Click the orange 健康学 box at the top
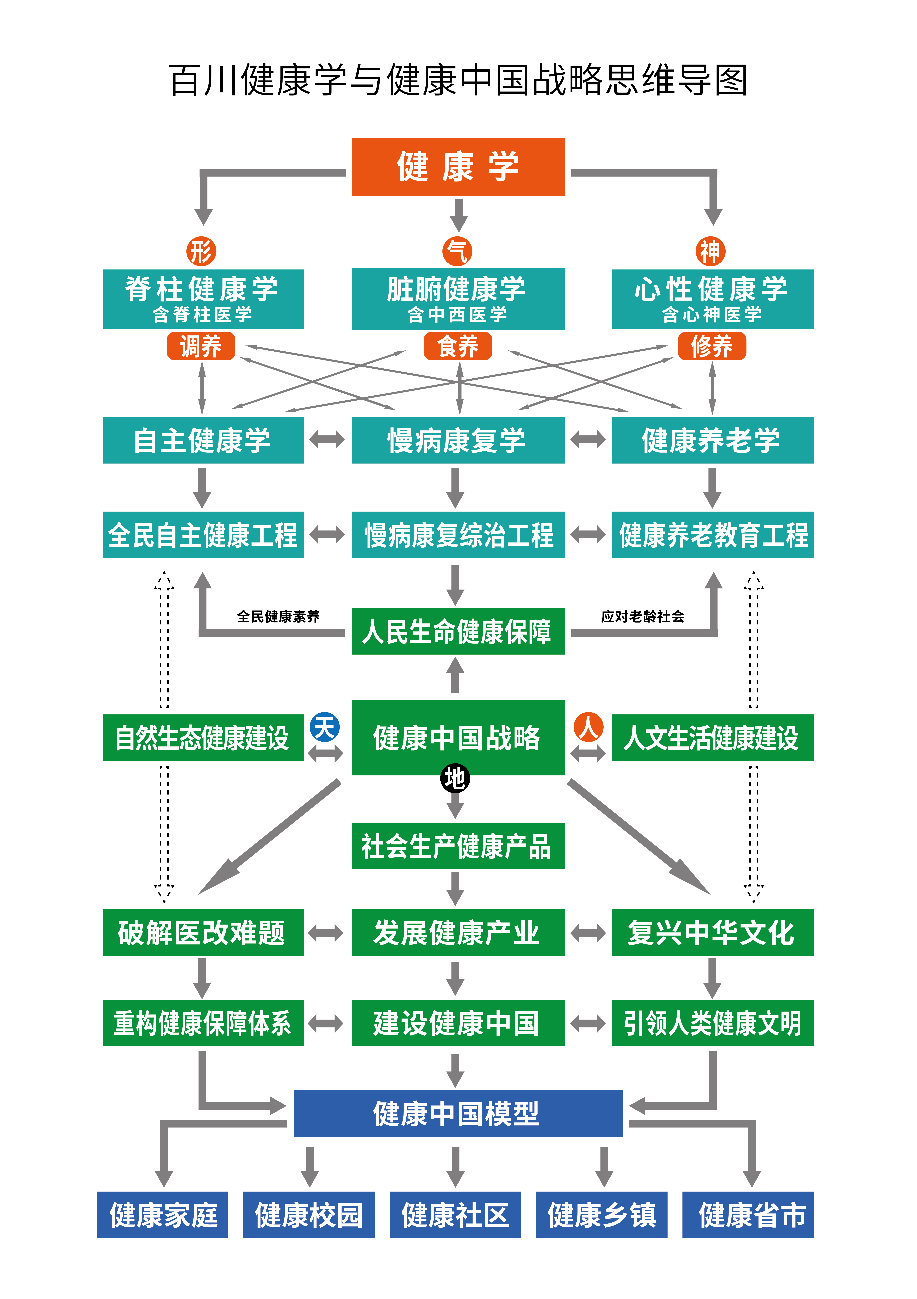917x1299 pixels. pos(458,167)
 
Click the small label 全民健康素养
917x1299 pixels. pos(278,616)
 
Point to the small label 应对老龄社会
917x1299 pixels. pos(643,616)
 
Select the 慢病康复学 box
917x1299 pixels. pos(458,440)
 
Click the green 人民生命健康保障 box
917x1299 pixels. pos(458,631)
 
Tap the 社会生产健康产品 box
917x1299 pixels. pos(458,846)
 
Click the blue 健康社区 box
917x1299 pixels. pos(455,1215)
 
